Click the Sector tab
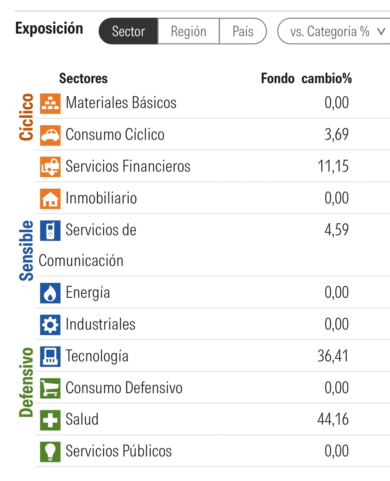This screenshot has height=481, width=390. click(128, 31)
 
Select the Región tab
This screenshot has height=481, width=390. click(188, 31)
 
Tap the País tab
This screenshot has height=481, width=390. click(243, 31)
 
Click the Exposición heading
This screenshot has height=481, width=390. click(49, 28)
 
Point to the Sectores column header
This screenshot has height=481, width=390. click(83, 78)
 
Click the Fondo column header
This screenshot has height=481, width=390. click(278, 78)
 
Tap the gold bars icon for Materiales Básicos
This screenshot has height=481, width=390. click(50, 103)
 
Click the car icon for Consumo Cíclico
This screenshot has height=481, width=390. click(50, 135)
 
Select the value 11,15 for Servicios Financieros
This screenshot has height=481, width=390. click(333, 166)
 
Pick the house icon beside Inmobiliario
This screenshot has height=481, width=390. click(50, 199)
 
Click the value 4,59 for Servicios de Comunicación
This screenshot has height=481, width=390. click(337, 230)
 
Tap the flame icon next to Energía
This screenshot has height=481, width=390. click(50, 293)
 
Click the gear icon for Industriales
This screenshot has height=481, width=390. click(50, 325)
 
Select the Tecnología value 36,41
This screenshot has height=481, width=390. click(333, 356)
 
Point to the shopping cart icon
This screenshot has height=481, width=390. click(50, 388)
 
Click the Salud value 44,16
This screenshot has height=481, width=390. click(333, 419)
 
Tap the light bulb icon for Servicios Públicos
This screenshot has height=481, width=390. click(50, 451)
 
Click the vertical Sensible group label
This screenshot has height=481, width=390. click(26, 250)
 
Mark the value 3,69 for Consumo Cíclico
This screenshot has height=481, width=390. click(337, 134)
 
